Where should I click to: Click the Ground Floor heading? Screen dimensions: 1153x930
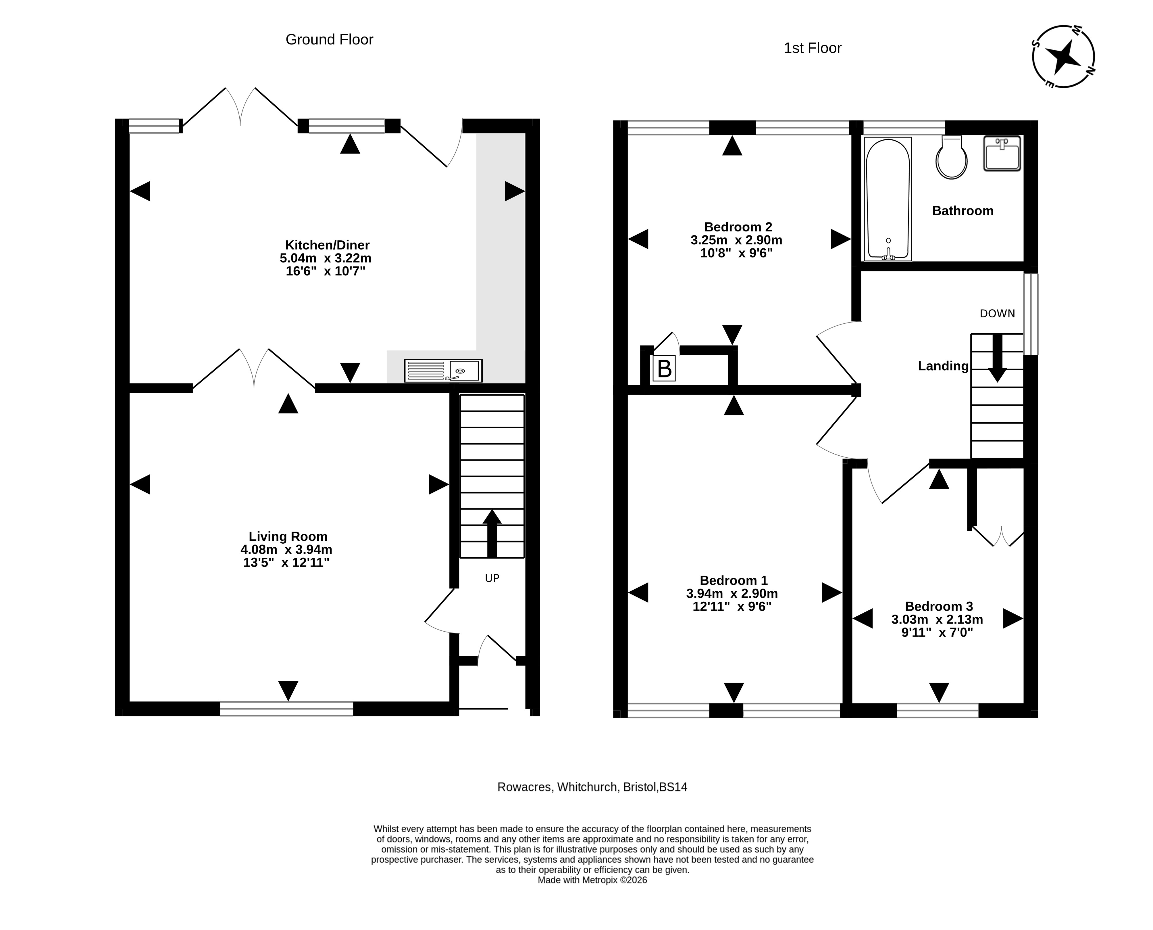pyautogui.click(x=329, y=40)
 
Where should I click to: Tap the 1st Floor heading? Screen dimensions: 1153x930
pyautogui.click(x=813, y=48)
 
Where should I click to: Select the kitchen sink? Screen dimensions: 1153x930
pyautogui.click(x=443, y=371)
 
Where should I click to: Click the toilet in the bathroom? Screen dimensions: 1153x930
pyautogui.click(x=951, y=157)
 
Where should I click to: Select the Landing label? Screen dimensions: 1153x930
pyautogui.click(x=943, y=366)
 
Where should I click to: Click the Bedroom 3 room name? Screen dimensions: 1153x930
pyautogui.click(x=939, y=606)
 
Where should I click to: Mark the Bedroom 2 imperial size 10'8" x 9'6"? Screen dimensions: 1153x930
pyautogui.click(x=737, y=253)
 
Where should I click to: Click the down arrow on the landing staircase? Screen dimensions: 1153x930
pyautogui.click(x=997, y=358)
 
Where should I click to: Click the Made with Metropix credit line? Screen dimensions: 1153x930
pyautogui.click(x=592, y=880)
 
